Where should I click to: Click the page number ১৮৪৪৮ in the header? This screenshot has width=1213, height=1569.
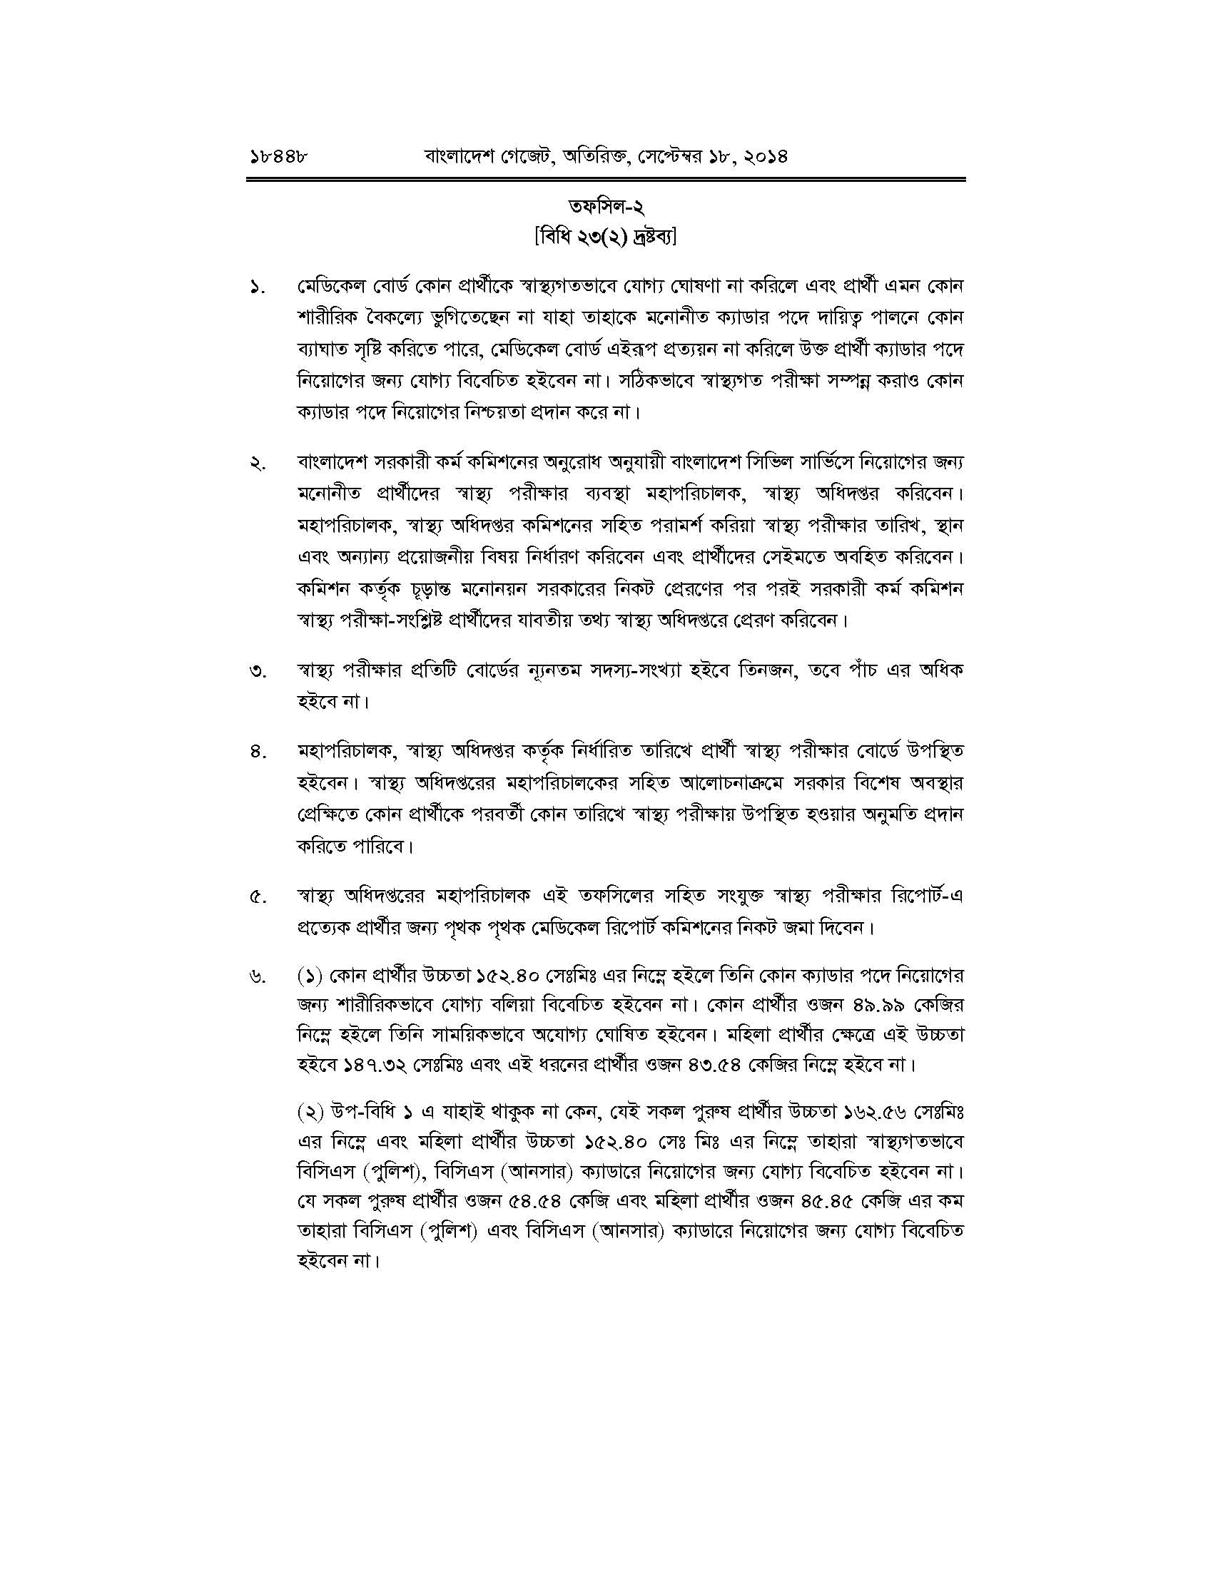tap(277, 155)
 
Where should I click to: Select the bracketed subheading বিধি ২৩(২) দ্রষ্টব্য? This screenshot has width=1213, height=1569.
tap(606, 237)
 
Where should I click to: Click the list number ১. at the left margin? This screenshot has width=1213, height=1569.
tap(258, 288)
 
